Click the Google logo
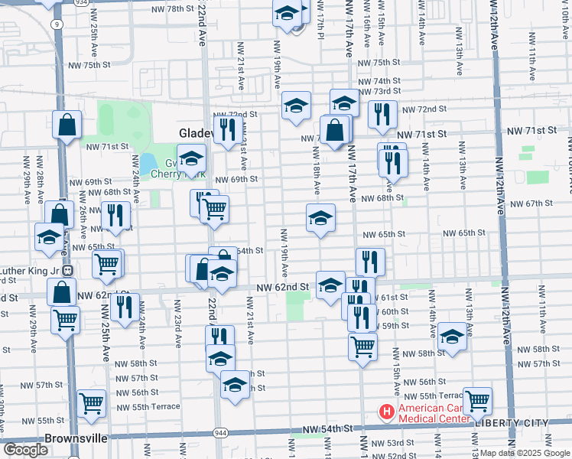click(26, 450)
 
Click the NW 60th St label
click(395, 311)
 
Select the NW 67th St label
click(531, 203)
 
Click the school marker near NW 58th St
click(452, 336)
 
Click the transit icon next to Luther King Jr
click(68, 270)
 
